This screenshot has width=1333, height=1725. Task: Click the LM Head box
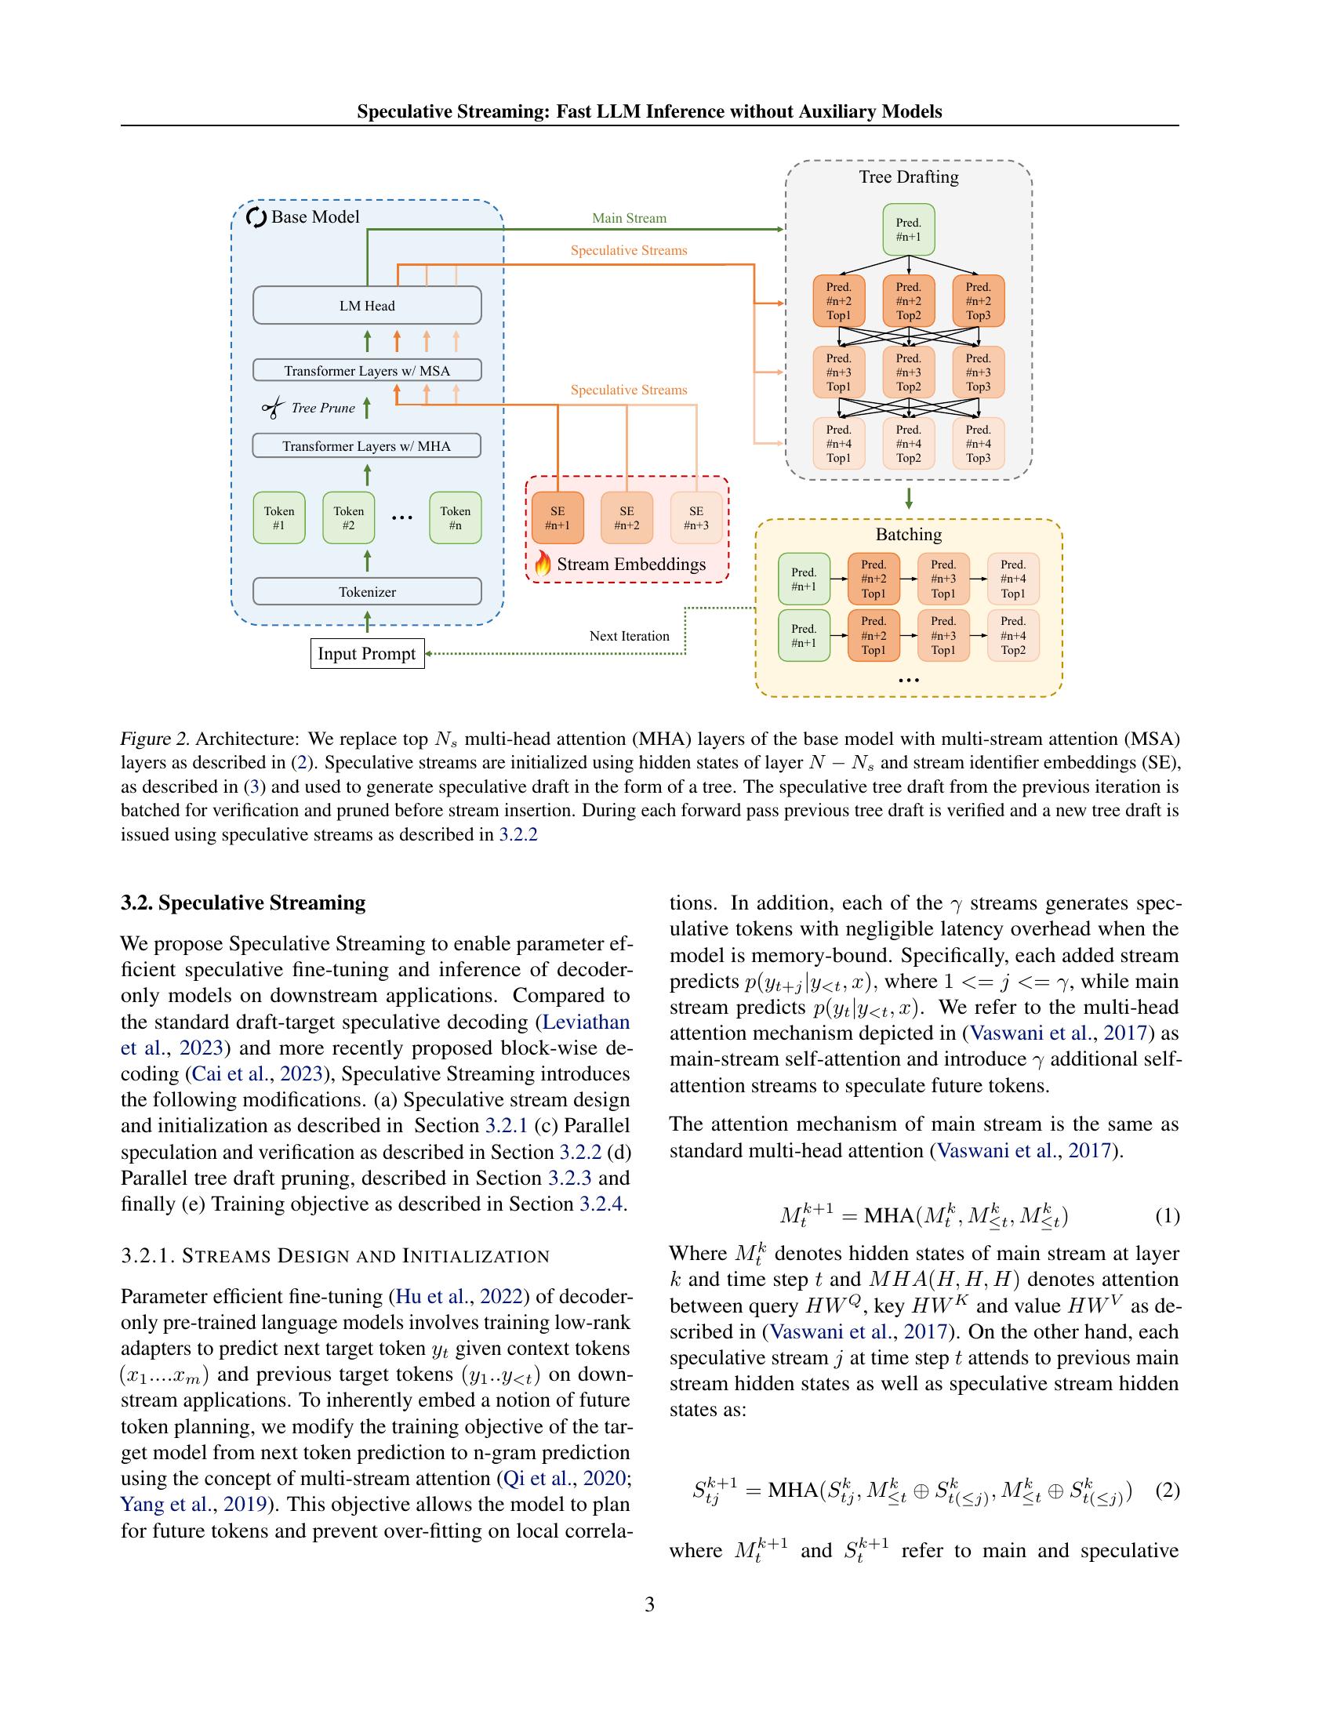click(366, 306)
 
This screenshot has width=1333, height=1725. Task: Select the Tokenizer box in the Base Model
click(366, 591)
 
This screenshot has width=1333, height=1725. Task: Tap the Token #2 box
click(348, 518)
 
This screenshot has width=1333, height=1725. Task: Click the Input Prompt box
click(366, 654)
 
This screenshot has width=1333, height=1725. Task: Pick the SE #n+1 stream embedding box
click(558, 518)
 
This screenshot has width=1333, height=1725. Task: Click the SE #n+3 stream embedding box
click(696, 518)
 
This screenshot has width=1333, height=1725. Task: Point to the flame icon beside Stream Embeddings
click(542, 563)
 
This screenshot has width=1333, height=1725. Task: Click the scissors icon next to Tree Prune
click(272, 409)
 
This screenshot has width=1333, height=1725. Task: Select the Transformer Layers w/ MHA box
click(366, 446)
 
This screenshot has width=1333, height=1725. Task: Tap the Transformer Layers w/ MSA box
click(366, 370)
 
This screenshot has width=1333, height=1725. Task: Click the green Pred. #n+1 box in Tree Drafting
click(908, 230)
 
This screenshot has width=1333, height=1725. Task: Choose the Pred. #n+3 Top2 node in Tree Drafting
click(908, 372)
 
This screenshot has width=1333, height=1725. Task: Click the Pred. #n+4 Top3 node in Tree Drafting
click(978, 444)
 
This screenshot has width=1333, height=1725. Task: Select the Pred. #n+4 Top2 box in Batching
click(1013, 636)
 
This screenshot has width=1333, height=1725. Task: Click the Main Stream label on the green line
click(629, 218)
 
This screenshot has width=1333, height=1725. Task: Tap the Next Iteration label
click(629, 636)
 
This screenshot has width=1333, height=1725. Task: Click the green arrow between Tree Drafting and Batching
click(909, 499)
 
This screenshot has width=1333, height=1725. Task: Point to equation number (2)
click(1168, 1491)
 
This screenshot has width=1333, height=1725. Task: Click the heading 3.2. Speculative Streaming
click(243, 902)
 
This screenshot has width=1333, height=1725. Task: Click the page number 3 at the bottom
click(649, 1604)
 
